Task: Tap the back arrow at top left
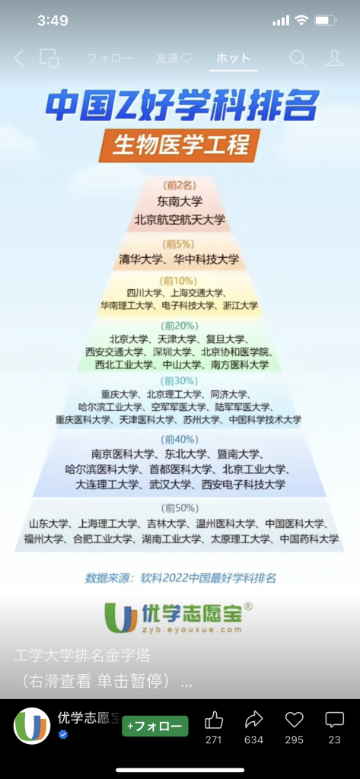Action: point(18,58)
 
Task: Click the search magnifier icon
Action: point(298,58)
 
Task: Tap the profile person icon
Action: point(335,58)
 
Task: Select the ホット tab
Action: point(233,58)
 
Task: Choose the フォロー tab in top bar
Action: point(110,58)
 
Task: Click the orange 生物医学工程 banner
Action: point(180,145)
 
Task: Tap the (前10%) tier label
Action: point(179,280)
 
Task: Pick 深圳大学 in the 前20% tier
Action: point(171,352)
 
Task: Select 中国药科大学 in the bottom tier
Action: point(309,539)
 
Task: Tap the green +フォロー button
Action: point(155,727)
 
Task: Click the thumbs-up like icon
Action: point(214,720)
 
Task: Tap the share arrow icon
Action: point(253,720)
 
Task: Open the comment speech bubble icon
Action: point(334,720)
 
